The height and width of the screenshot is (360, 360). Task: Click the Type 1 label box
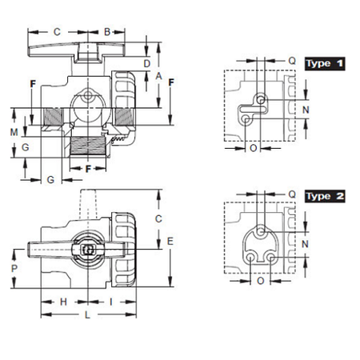coord(325,64)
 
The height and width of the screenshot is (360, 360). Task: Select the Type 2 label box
coord(325,197)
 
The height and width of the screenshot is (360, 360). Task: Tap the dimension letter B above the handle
coord(107,32)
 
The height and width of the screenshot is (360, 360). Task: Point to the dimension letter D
coord(147,64)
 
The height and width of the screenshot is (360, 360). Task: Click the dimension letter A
coord(158,76)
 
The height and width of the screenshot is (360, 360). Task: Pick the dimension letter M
coord(14,132)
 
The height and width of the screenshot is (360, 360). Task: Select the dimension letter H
coord(63,302)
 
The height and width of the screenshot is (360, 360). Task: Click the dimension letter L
coord(87,315)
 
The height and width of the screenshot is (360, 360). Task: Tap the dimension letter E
coord(170,242)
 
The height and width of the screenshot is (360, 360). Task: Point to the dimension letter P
coord(14,268)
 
